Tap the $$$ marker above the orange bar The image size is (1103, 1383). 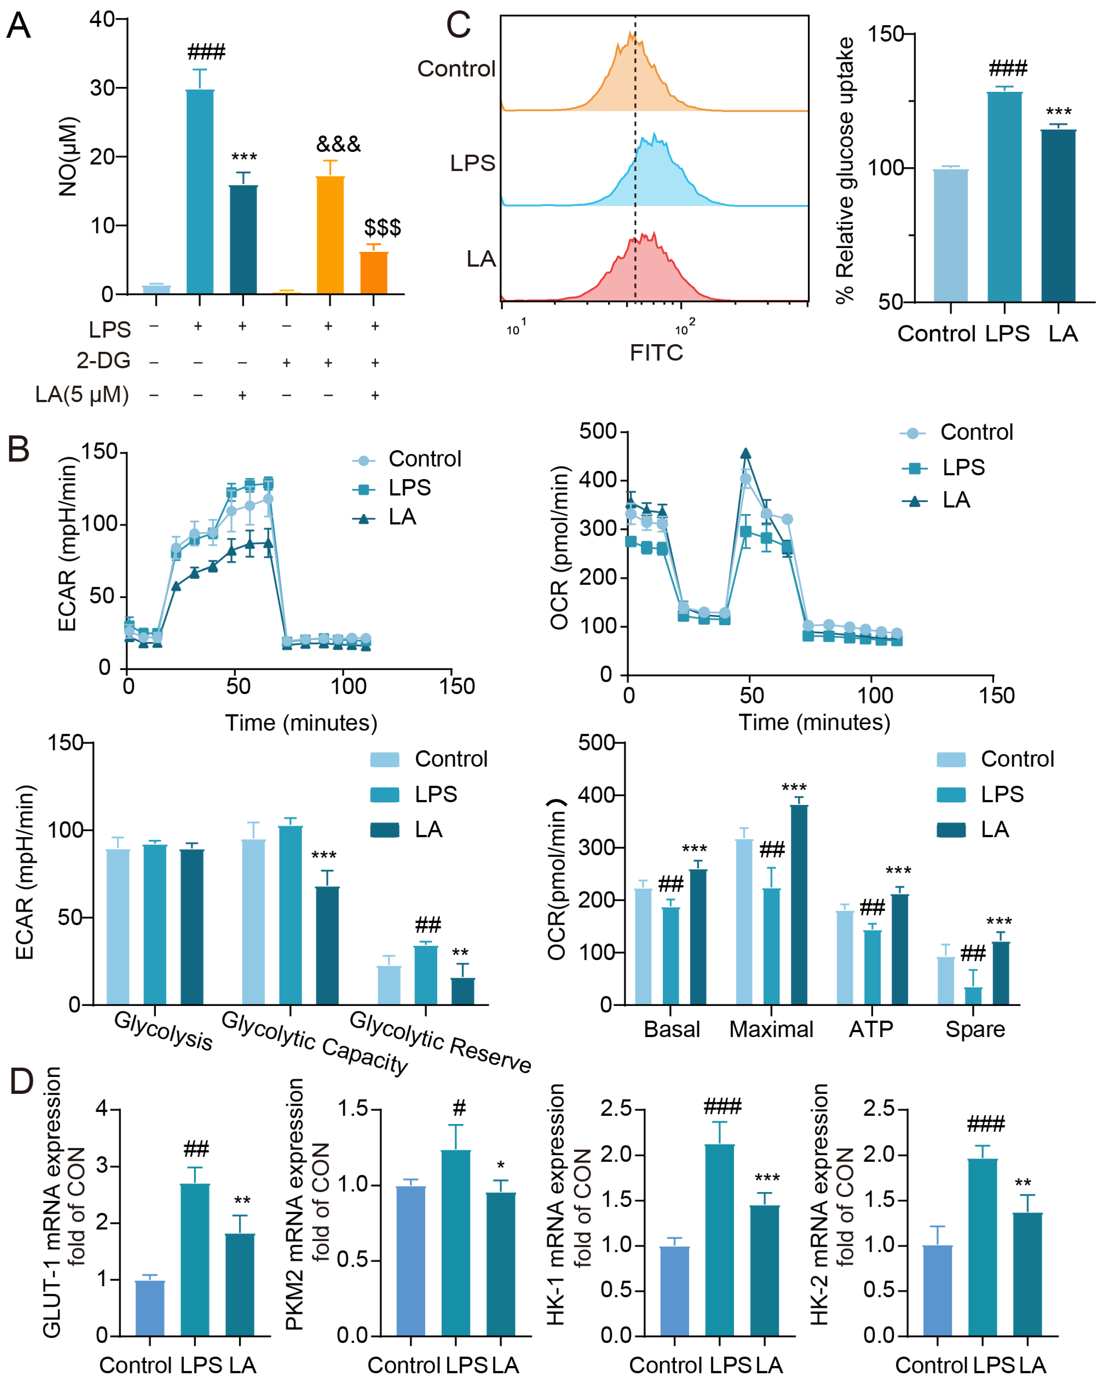coord(383,227)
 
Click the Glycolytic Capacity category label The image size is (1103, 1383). coord(314,1043)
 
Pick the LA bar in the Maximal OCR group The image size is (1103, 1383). coord(799,904)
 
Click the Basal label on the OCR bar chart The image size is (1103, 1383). coord(671,1029)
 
